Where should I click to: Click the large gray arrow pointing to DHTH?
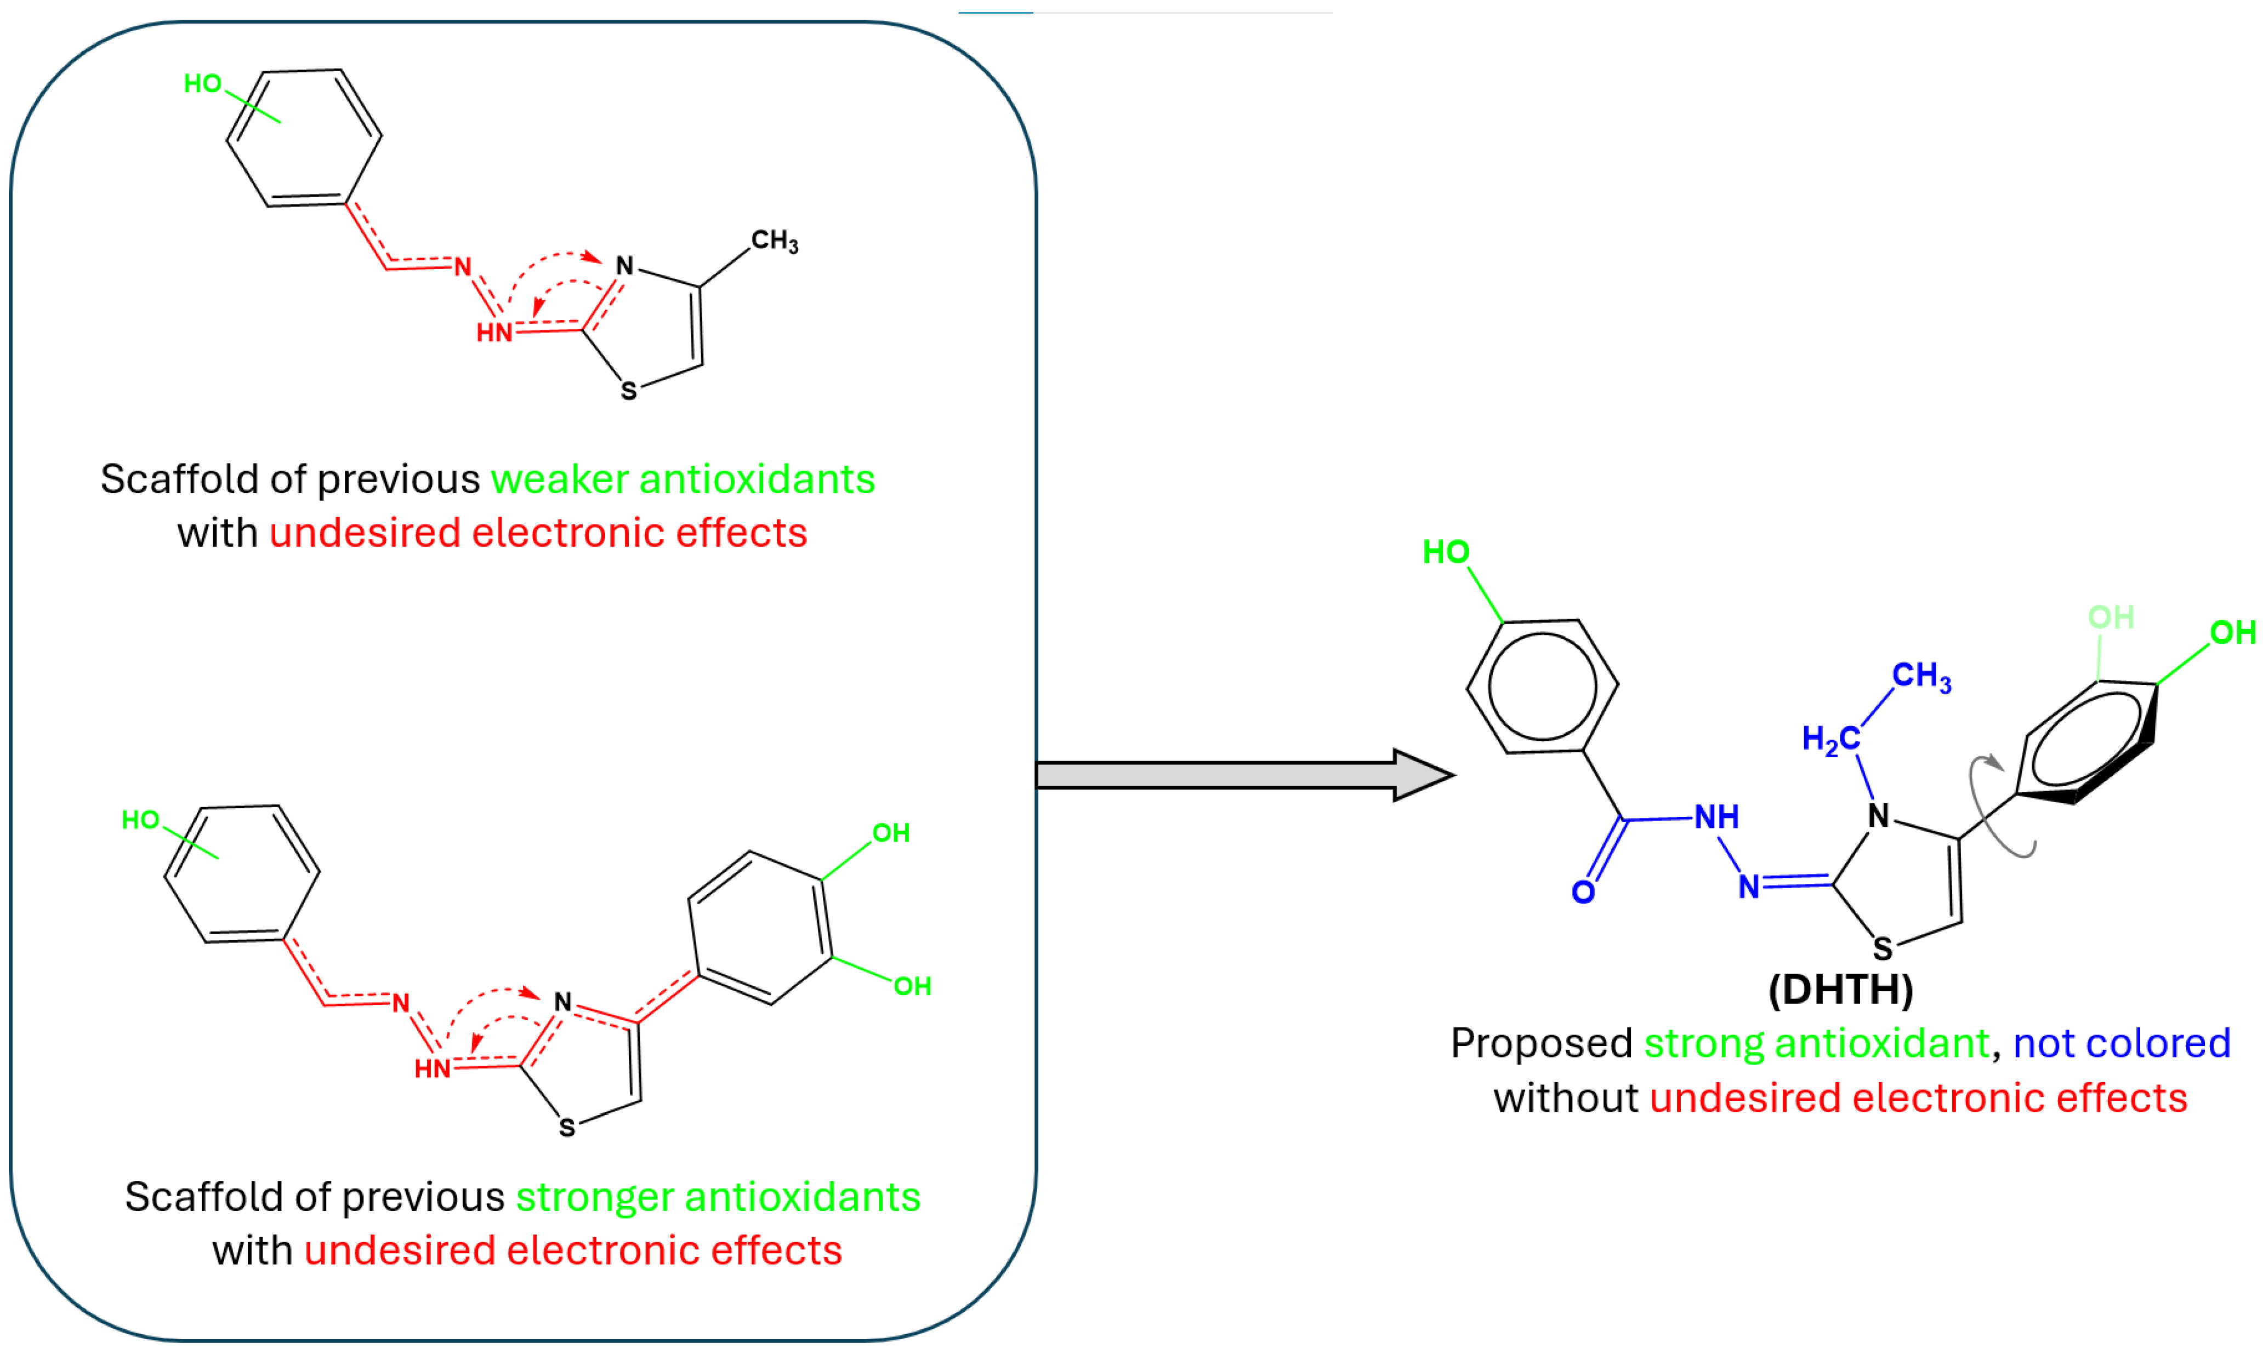coord(1237,775)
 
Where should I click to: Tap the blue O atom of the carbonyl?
coord(1583,893)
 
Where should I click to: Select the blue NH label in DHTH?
coord(1716,817)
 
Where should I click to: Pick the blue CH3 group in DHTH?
coord(1921,676)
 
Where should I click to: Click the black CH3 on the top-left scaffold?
coord(775,242)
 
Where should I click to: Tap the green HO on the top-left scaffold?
coord(202,84)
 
